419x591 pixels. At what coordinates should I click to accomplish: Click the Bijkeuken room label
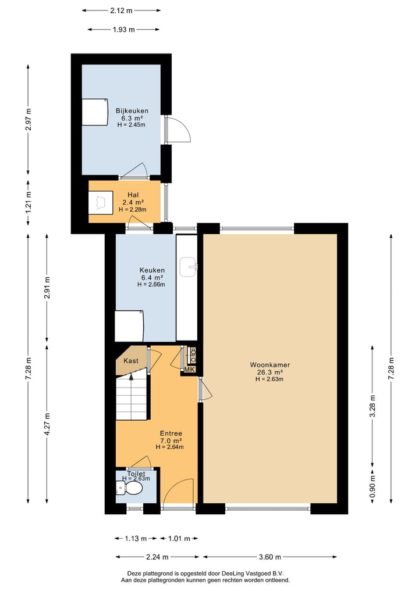tap(132, 111)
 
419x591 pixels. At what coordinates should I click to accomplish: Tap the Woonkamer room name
tap(270, 365)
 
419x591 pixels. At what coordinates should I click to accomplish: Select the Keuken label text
tap(152, 270)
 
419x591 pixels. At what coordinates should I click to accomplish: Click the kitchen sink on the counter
tap(189, 267)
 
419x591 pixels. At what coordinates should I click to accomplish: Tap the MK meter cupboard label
tap(190, 370)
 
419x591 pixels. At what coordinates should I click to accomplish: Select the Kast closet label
tap(131, 361)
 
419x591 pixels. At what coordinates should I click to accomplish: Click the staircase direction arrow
tap(131, 377)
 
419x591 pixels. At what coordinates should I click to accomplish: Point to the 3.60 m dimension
tap(270, 557)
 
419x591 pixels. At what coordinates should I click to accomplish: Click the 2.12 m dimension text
tap(122, 10)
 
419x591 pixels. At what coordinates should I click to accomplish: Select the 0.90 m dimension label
tap(372, 485)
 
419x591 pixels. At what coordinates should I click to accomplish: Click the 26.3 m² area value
tap(270, 372)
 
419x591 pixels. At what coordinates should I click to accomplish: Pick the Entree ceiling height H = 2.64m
tap(170, 447)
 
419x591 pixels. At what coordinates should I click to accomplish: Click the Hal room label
tap(133, 195)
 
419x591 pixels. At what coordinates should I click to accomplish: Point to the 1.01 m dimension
tap(179, 539)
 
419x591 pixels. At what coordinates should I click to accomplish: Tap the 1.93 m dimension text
tap(124, 30)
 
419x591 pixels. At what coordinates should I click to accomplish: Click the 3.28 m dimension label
tap(372, 406)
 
